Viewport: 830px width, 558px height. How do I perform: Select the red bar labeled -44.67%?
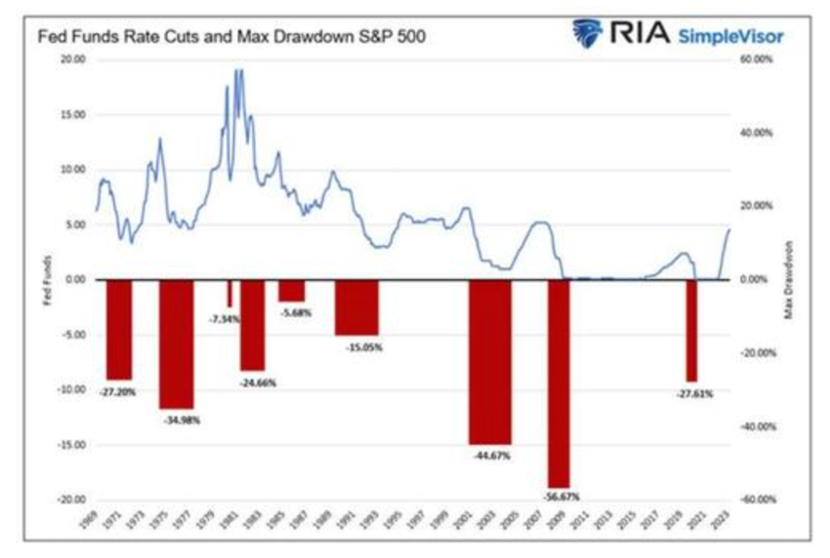(x=489, y=361)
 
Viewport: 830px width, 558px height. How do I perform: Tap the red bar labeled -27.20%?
(x=119, y=329)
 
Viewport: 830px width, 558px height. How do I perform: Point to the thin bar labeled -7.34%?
(x=230, y=293)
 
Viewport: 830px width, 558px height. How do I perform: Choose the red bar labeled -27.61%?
(x=691, y=330)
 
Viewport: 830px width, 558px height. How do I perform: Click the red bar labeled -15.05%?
(x=356, y=306)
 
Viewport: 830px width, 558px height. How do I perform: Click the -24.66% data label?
(x=258, y=382)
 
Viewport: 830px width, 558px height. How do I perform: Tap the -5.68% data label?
(x=293, y=312)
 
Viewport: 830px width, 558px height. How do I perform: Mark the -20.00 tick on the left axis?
(x=71, y=499)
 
